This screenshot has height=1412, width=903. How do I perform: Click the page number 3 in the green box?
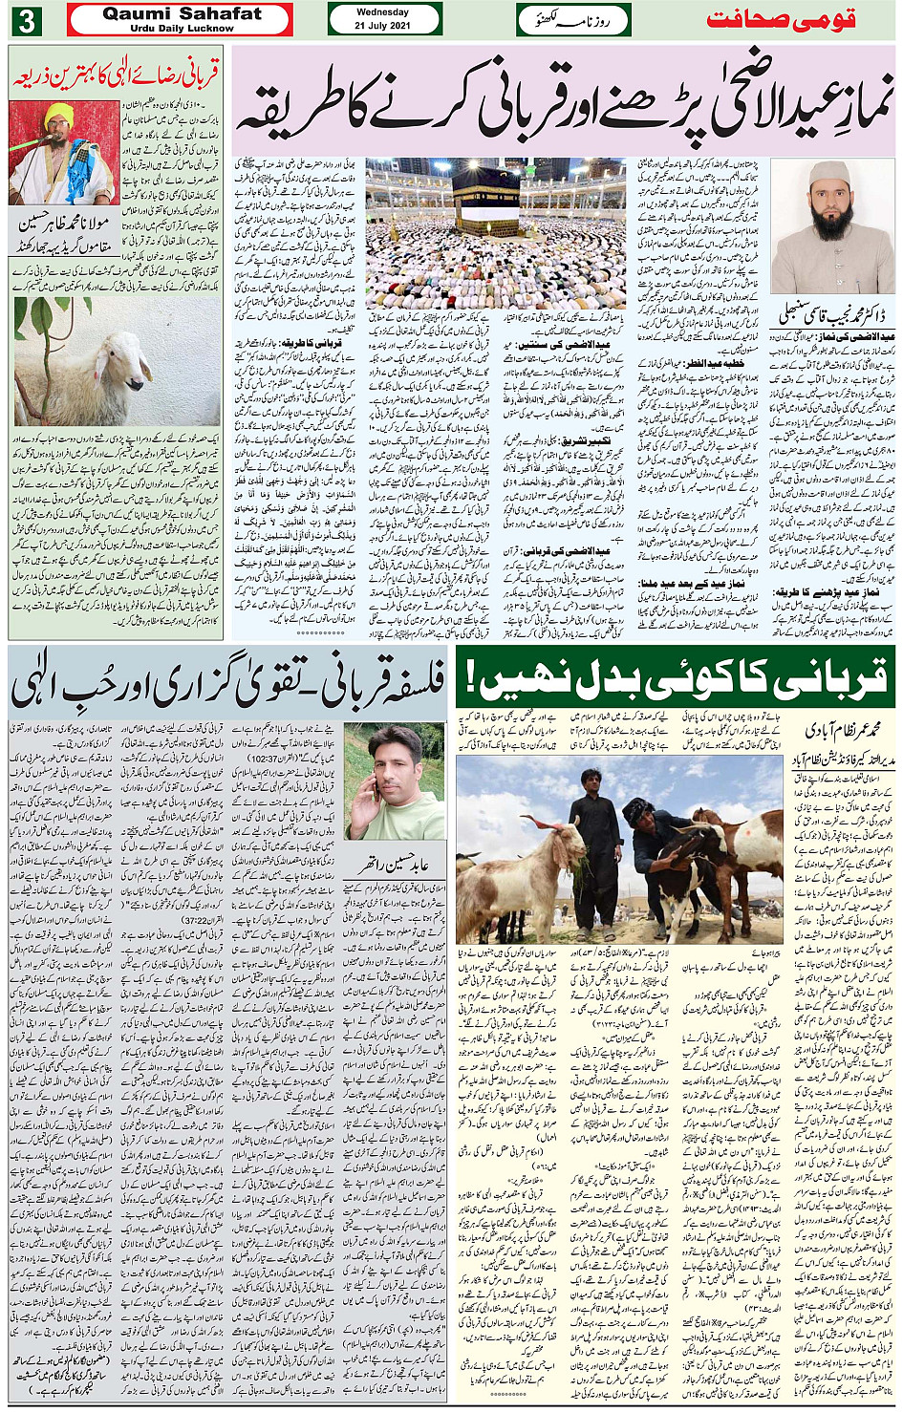26,20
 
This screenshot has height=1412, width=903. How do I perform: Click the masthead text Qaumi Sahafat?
182,13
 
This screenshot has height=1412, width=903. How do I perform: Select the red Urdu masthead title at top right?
780,20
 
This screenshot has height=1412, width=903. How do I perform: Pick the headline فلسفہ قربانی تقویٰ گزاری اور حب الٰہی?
227,681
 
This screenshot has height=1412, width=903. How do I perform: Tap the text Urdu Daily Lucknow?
182,29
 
